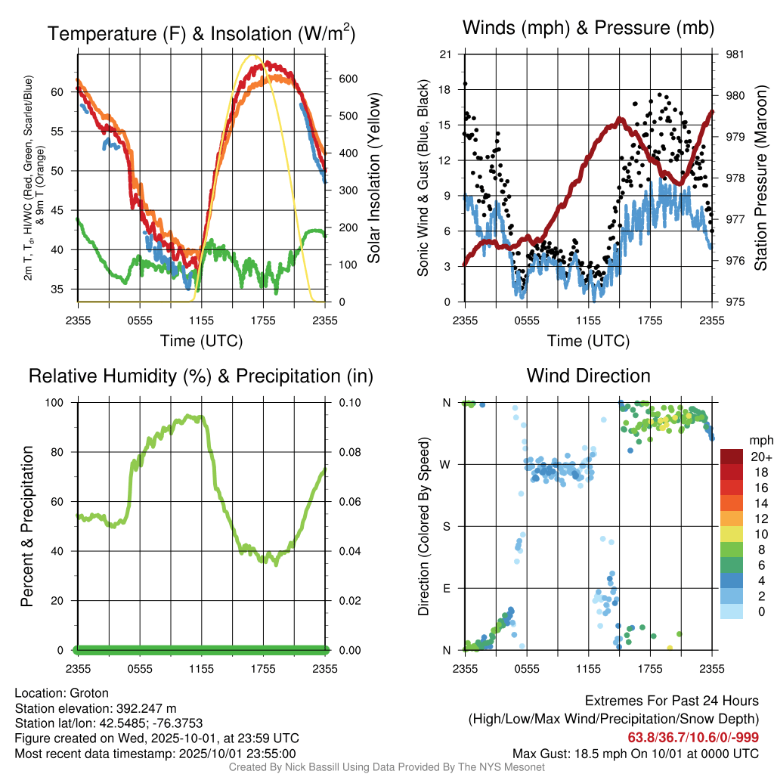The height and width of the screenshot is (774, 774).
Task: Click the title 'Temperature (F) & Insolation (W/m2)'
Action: tap(201, 34)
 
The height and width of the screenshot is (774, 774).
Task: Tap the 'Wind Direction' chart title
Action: tap(588, 376)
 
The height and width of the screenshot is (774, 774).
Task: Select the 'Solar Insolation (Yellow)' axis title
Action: tap(373, 178)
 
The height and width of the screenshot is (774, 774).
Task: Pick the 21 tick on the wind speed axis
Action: tap(446, 54)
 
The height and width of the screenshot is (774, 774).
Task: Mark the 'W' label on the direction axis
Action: tap(447, 465)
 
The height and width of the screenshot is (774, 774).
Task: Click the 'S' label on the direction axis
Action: tap(447, 527)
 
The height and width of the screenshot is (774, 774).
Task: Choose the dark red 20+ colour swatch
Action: tap(732, 457)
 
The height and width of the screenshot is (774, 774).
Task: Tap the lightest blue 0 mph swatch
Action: tap(732, 611)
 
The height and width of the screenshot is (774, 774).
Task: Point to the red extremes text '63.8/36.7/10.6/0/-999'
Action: tap(693, 737)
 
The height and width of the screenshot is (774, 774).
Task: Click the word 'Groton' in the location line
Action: tap(89, 693)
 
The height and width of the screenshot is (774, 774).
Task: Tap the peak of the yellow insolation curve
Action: tap(253, 55)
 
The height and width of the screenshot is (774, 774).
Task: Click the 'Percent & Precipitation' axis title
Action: tap(27, 526)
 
